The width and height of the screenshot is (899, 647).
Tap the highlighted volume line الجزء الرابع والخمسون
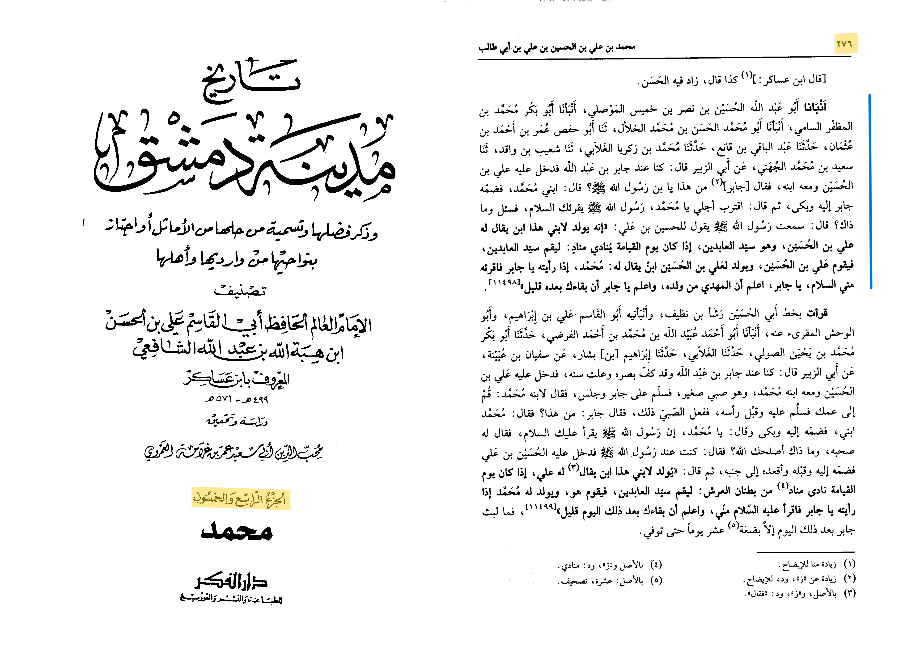[241, 499]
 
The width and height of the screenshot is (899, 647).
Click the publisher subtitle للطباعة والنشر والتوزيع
[231, 600]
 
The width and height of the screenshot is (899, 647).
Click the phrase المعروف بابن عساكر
[237, 380]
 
